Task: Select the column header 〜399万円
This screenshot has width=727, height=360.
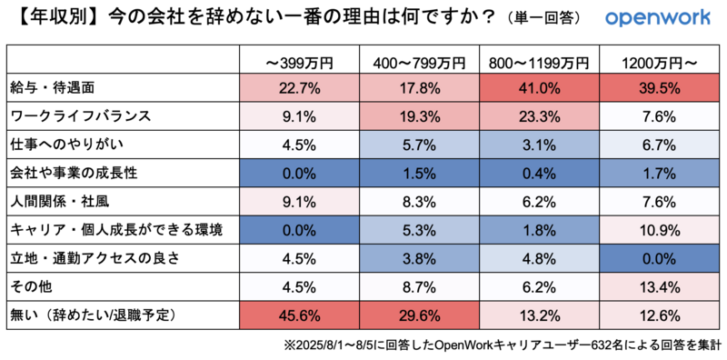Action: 300,62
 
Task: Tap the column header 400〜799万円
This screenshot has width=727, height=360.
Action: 420,62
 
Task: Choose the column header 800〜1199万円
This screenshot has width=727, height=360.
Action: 540,62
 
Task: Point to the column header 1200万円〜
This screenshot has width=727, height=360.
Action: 660,62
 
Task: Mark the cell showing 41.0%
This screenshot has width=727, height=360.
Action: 540,88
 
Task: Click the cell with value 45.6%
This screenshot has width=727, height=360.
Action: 300,315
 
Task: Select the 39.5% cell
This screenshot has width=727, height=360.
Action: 660,88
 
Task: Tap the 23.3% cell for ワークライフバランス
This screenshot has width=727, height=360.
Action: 540,116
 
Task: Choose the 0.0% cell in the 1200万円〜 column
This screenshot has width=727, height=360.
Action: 660,258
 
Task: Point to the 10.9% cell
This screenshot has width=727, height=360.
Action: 660,230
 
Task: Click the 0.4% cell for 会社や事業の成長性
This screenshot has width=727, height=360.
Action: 540,173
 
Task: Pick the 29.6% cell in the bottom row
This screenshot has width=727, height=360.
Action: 420,315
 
